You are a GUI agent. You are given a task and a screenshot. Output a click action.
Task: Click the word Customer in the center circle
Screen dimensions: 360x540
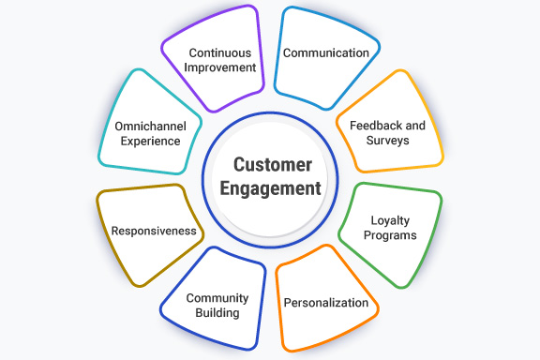pos(271,165)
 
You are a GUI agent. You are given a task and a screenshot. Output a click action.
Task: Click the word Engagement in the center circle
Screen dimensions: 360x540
pos(271,187)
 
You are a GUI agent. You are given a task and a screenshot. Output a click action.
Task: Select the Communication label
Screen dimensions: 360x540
pos(326,52)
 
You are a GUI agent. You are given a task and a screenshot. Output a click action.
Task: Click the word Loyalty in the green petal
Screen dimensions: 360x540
pos(390,219)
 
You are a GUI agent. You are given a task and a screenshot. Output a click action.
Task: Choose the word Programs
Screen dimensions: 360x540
pos(390,234)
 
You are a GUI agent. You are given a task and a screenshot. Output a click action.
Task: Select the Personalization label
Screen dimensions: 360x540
pos(327,304)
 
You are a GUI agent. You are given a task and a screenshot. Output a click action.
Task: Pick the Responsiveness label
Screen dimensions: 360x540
pos(154,231)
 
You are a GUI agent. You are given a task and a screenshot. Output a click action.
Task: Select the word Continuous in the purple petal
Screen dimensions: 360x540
pos(222,52)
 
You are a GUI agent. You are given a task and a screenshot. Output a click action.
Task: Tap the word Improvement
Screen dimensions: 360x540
pos(222,67)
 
